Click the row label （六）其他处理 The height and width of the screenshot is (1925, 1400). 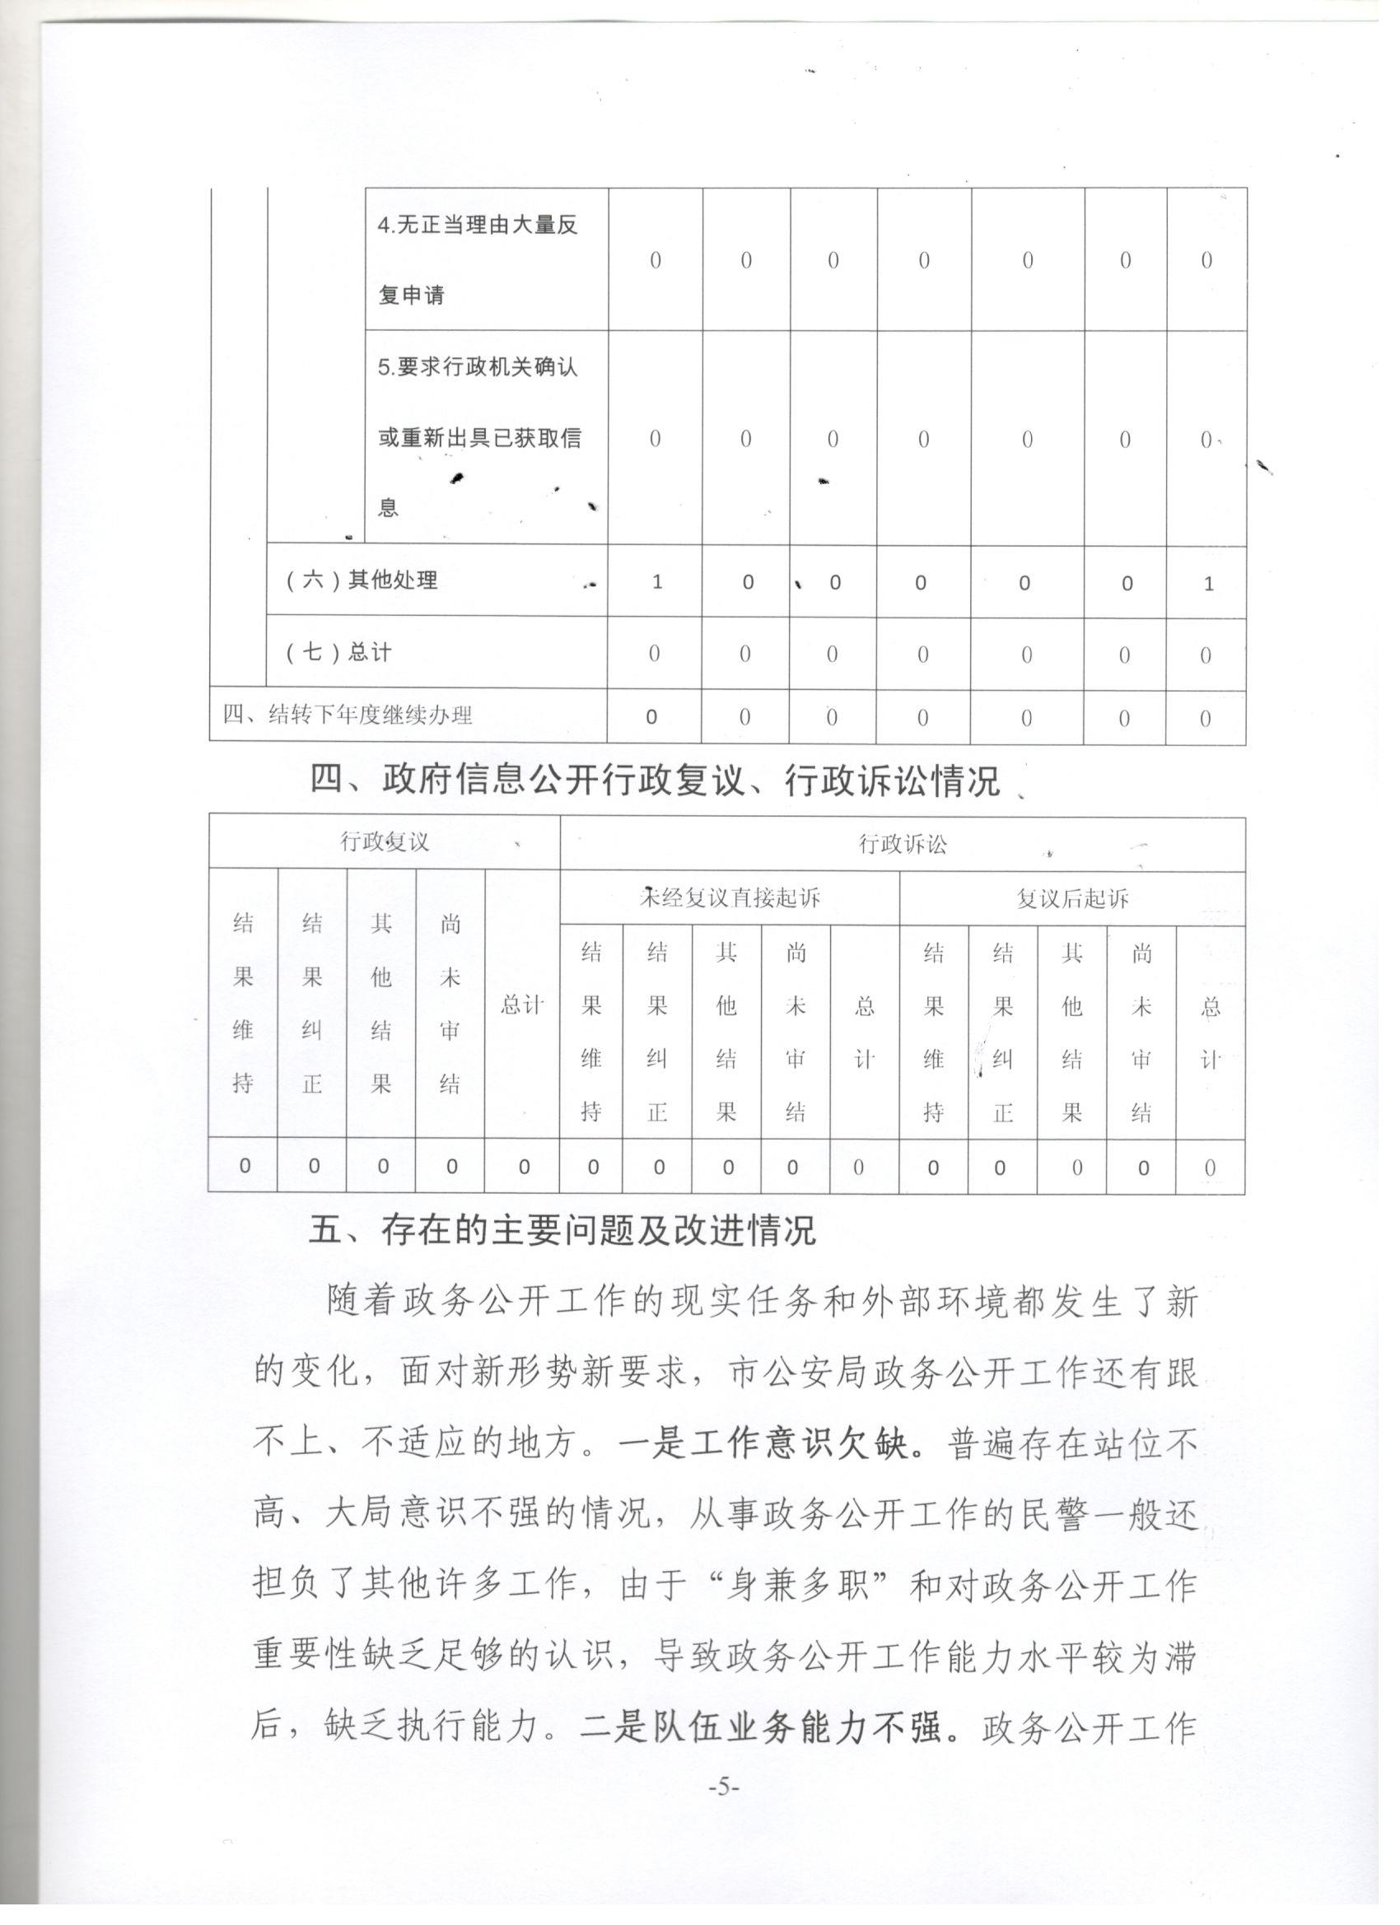click(x=362, y=580)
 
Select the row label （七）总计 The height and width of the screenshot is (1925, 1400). click(x=338, y=652)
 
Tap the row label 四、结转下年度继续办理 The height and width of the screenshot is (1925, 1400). click(x=348, y=715)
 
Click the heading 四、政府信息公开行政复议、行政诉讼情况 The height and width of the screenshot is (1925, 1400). click(x=655, y=780)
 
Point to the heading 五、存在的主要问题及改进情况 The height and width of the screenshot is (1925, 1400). click(x=562, y=1230)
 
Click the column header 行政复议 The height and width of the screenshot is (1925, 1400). click(x=385, y=842)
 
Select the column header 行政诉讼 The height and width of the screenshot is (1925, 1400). click(x=903, y=844)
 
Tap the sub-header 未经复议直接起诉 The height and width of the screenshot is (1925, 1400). click(x=730, y=897)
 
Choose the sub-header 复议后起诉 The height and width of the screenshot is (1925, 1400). click(x=1072, y=898)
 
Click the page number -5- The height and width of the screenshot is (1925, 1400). click(x=724, y=1788)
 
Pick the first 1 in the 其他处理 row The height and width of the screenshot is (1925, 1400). click(x=656, y=583)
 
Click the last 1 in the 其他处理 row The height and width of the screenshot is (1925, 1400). click(x=1209, y=584)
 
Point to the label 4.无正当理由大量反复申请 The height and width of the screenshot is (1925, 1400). click(x=478, y=259)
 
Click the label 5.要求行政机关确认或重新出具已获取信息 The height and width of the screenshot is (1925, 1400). click(x=479, y=437)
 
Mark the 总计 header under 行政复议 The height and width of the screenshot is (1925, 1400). click(x=521, y=1005)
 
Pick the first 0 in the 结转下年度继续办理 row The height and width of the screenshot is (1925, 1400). click(x=652, y=717)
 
